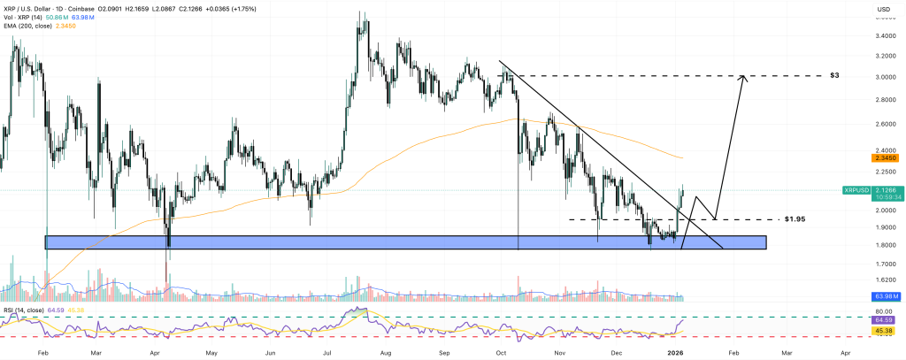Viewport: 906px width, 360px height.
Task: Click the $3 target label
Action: [834, 76]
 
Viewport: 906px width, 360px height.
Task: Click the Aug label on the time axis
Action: [386, 351]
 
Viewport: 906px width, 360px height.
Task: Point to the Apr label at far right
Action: [845, 351]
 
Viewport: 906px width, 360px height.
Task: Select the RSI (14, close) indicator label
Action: [27, 310]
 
